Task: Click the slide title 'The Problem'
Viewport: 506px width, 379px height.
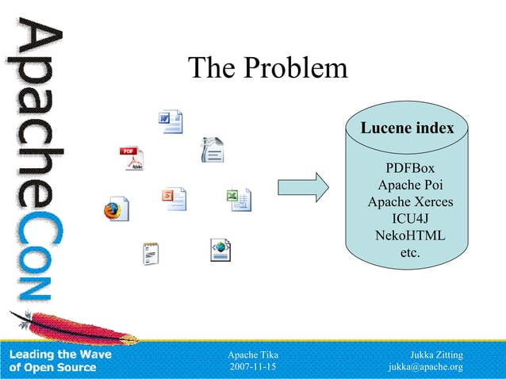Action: tap(267, 69)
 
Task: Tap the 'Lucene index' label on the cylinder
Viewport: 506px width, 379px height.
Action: tap(408, 128)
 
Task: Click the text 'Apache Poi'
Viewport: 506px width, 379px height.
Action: tap(409, 186)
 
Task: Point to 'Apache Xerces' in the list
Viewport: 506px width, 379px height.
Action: tap(409, 202)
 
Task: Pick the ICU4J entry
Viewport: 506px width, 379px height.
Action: tap(409, 219)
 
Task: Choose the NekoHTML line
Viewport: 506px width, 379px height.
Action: tap(409, 236)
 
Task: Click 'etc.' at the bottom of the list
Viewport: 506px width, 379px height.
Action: tap(409, 253)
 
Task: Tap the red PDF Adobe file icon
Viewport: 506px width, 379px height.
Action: tap(132, 159)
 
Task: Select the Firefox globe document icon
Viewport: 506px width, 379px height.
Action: tap(116, 209)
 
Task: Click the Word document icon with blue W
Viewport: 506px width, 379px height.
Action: tap(170, 121)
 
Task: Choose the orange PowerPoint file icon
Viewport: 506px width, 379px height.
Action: tap(174, 198)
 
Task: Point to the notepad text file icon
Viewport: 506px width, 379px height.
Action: tap(151, 252)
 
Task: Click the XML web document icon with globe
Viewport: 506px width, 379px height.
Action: tap(220, 249)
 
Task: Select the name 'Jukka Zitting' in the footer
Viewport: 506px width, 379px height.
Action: tap(435, 354)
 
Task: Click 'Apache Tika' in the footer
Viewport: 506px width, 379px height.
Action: tap(252, 354)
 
